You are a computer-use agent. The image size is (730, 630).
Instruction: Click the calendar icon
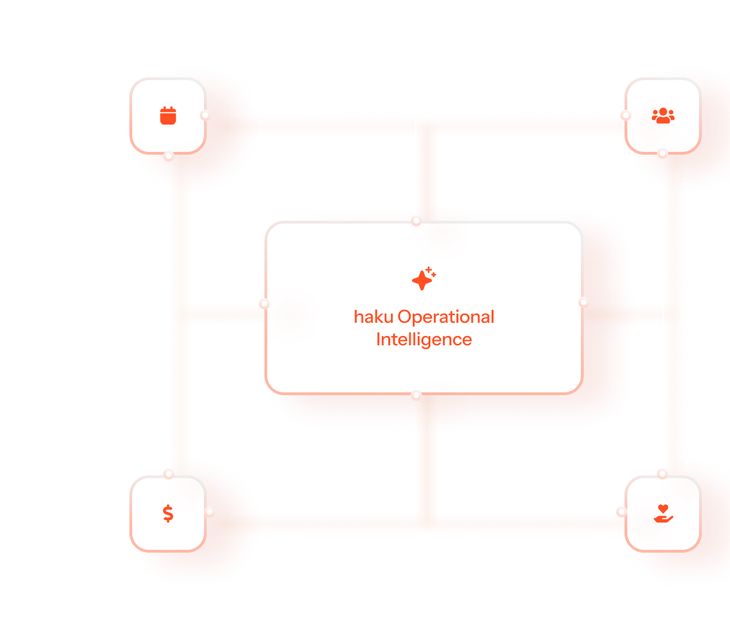pos(167,115)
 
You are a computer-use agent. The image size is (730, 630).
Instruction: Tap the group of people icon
pos(662,115)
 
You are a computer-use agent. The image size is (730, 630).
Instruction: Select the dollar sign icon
pos(168,513)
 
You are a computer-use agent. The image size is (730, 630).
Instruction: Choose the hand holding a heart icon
pos(662,513)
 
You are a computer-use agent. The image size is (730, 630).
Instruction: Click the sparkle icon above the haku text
pos(423,279)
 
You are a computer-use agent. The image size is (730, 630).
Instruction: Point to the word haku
pos(373,317)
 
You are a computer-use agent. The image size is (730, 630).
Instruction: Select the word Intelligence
pos(423,340)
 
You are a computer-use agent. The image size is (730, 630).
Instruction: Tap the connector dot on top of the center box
pos(416,220)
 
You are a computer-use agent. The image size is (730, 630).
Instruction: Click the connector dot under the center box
pos(416,396)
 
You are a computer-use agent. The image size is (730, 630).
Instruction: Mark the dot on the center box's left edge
pos(264,304)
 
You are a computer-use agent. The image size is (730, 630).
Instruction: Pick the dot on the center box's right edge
pos(584,302)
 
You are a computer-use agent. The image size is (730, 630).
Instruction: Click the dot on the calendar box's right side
pos(205,115)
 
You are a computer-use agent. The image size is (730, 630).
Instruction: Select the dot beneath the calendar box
pos(169,156)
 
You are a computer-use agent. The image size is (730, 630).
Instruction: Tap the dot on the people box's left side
pos(625,115)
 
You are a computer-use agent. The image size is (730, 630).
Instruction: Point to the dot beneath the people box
pos(662,153)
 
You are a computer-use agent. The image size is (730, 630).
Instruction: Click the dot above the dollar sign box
pos(169,474)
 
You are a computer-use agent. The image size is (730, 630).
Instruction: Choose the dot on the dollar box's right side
pos(210,512)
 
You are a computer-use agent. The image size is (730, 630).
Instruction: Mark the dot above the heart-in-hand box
pos(662,473)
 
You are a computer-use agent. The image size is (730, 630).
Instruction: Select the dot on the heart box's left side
pos(622,513)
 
